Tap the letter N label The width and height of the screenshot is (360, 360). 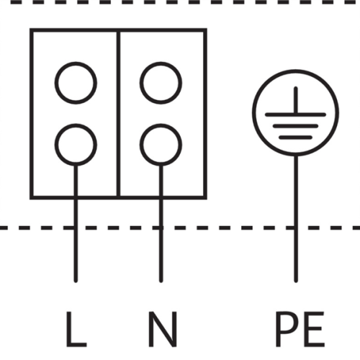163,329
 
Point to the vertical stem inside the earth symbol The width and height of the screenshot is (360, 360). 296,100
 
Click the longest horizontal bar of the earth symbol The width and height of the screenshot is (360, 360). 295,114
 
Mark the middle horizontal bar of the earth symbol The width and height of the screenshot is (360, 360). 295,126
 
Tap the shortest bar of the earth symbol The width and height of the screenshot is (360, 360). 295,138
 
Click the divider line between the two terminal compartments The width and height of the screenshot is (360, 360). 118,114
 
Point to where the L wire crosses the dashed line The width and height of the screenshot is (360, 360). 76,228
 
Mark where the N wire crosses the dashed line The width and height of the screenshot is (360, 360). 161,228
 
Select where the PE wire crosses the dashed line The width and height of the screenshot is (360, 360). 296,228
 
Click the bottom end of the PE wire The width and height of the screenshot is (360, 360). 296,281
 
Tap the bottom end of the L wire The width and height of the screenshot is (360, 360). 76,281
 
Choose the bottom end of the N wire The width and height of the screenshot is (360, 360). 161,281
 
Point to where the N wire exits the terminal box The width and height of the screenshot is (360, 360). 161,198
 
